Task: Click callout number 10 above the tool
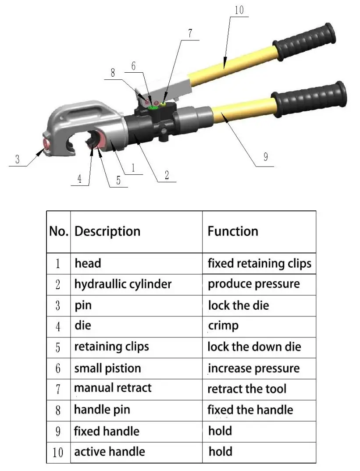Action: point(239,10)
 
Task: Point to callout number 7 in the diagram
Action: point(189,33)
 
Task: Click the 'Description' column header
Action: point(107,231)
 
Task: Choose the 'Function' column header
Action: point(233,231)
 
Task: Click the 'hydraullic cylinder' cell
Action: point(123,284)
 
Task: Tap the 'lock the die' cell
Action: point(238,305)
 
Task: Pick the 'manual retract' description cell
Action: point(113,388)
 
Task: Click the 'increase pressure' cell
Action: point(253,368)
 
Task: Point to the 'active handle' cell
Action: point(110,451)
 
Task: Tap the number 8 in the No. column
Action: point(58,411)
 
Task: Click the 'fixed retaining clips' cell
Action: point(259,263)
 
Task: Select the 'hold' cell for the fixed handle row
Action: point(220,431)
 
